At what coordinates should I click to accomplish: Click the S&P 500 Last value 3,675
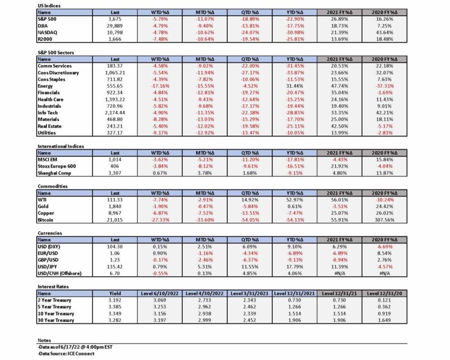[115, 19]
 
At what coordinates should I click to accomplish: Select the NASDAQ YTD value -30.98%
[295, 33]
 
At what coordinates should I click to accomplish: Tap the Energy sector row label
[45, 86]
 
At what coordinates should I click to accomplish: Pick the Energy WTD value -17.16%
[160, 86]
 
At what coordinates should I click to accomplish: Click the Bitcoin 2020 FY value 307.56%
[385, 220]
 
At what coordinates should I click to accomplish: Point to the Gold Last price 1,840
[115, 206]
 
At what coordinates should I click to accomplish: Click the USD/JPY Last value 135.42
[115, 267]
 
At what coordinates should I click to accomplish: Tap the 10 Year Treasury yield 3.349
[115, 314]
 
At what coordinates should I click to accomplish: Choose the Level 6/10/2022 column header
[160, 294]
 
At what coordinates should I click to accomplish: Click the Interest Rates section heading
[53, 286]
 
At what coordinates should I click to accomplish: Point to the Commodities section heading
[52, 186]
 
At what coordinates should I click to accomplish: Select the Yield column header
[115, 294]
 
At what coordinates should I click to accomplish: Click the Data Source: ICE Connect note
[66, 354]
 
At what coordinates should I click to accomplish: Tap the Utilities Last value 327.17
[115, 133]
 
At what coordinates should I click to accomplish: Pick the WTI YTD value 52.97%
[295, 200]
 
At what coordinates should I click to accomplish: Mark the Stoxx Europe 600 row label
[57, 166]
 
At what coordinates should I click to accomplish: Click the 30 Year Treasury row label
[56, 321]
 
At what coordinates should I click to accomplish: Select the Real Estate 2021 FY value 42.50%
[340, 127]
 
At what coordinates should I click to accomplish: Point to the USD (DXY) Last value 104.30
[115, 246]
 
